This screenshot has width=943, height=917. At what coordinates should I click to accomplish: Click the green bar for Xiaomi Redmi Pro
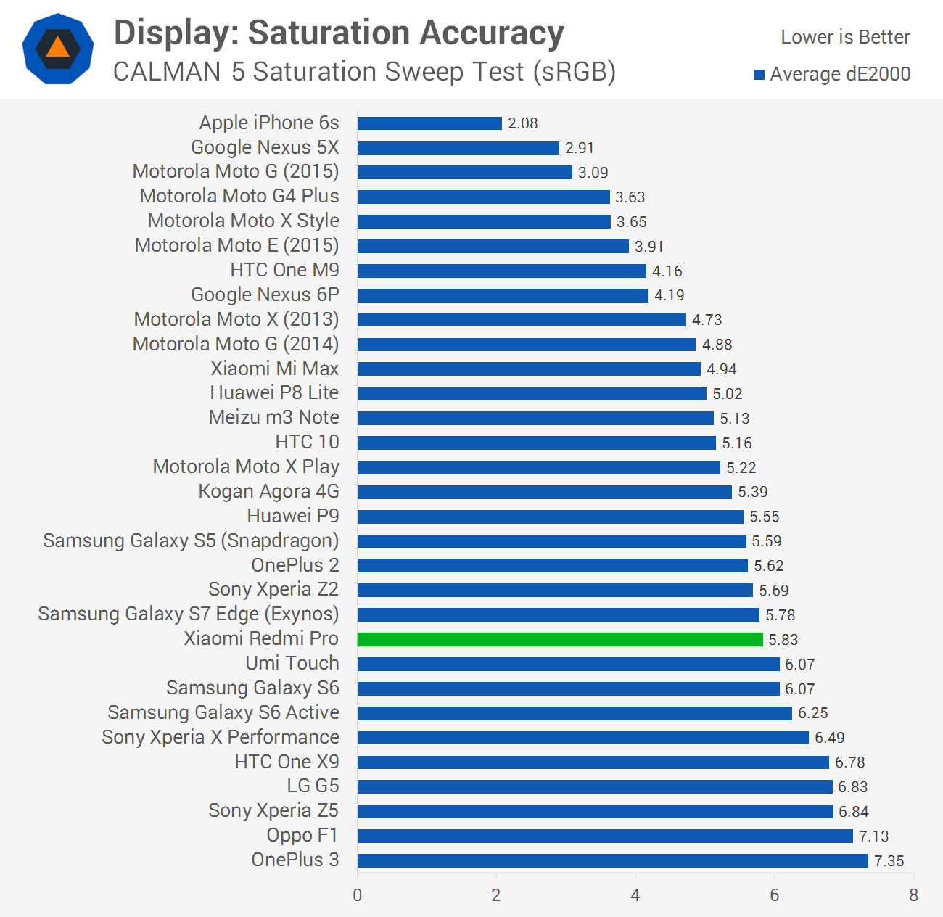560,639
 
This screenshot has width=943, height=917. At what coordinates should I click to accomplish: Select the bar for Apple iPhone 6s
429,123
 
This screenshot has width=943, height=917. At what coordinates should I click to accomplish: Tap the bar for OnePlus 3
612,861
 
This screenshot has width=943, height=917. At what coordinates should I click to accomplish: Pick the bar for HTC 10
537,443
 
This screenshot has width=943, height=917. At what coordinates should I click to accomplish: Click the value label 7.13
873,836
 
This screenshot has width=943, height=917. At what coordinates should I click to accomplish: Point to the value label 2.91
579,148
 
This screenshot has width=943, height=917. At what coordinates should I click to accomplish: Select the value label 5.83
783,639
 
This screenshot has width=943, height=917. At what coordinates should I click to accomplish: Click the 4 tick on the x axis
635,895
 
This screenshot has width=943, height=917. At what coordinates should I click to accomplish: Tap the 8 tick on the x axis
913,895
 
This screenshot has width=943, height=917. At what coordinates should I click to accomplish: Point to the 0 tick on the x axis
357,895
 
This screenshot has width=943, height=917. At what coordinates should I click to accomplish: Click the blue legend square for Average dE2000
759,75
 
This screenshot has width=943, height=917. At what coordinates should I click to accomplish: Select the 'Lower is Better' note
845,37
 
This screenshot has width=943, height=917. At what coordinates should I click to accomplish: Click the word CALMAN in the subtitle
167,72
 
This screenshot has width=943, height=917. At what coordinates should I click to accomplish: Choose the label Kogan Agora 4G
268,491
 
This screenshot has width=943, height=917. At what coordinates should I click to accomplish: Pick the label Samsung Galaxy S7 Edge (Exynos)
189,614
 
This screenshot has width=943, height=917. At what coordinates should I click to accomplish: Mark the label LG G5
313,786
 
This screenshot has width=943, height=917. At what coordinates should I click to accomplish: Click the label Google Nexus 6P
265,295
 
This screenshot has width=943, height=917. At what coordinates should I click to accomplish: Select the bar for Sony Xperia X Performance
583,738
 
